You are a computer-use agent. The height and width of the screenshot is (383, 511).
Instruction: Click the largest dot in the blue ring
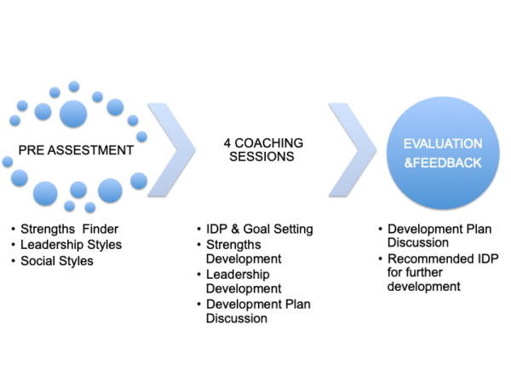[x=73, y=113]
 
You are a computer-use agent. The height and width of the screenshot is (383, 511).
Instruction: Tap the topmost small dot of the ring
[x=74, y=85]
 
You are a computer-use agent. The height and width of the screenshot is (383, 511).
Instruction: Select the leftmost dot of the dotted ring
[x=8, y=160]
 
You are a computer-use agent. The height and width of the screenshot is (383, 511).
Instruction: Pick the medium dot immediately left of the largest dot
[x=43, y=111]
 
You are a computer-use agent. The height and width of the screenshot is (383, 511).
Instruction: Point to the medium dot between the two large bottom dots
[x=78, y=189]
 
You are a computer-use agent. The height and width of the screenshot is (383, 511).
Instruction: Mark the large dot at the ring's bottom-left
[x=45, y=192]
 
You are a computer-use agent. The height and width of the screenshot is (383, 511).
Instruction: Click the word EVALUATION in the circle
[x=443, y=143]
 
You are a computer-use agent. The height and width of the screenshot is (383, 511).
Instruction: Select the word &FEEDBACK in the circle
[x=443, y=161]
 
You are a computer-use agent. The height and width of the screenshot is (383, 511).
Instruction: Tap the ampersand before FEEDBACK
[x=406, y=161]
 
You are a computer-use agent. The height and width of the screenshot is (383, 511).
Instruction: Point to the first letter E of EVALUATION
[x=407, y=143]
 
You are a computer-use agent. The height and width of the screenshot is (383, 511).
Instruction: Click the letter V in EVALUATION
[x=416, y=143]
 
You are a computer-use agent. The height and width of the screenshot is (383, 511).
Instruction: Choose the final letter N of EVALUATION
[x=478, y=143]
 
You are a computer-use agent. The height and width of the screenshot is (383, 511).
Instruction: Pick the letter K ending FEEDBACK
[x=479, y=161]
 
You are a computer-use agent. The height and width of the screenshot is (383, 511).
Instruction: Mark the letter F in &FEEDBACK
[x=415, y=161]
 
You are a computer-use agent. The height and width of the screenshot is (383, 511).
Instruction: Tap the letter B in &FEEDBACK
[x=450, y=161]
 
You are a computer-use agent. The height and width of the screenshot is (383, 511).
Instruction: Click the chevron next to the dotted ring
[x=170, y=148]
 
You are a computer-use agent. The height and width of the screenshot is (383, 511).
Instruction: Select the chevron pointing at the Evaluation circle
[x=352, y=148]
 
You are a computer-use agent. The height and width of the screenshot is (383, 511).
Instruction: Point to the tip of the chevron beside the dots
[x=195, y=148]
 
